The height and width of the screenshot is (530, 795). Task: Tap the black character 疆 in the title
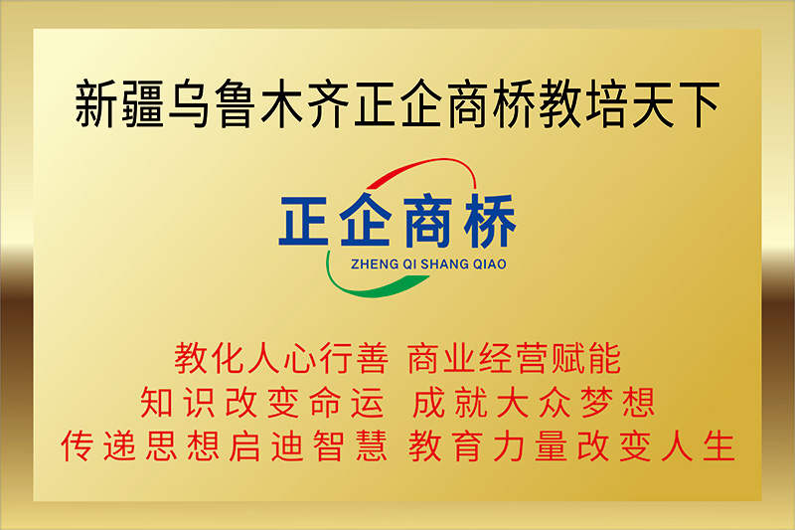pyautogui.click(x=142, y=103)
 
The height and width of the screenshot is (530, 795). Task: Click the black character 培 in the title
pyautogui.click(x=605, y=103)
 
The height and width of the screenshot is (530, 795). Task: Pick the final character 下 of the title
pyautogui.click(x=699, y=104)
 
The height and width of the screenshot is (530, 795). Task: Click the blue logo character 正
pyautogui.click(x=304, y=221)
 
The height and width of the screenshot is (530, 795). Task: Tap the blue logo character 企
pyautogui.click(x=366, y=220)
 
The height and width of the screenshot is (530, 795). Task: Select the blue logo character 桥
pyautogui.click(x=490, y=221)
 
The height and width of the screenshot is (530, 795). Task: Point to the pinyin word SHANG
pyautogui.click(x=444, y=265)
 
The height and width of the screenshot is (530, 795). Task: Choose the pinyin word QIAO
pyautogui.click(x=489, y=265)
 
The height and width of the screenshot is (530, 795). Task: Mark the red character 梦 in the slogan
pyautogui.click(x=597, y=402)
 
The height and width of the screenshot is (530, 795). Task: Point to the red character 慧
pyautogui.click(x=372, y=445)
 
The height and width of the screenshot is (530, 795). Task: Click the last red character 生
pyautogui.click(x=718, y=445)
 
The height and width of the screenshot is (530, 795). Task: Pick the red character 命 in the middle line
pyautogui.click(x=326, y=402)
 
